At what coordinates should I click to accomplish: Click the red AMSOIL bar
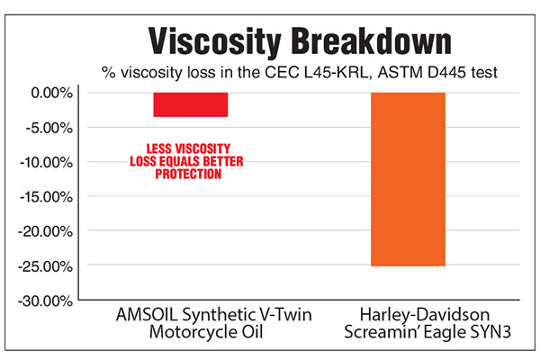(x=191, y=104)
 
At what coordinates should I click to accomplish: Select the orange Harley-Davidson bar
(x=408, y=179)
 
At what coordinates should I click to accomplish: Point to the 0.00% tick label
(x=52, y=93)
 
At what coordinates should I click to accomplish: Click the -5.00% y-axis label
(x=49, y=128)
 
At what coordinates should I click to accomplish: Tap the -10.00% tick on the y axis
(x=47, y=162)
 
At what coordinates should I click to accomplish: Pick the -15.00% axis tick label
(x=47, y=197)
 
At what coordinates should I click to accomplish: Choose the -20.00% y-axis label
(x=46, y=231)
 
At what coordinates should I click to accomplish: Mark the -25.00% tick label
(x=46, y=266)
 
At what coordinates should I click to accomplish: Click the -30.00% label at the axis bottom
(x=46, y=301)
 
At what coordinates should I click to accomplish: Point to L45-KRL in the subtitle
(x=336, y=72)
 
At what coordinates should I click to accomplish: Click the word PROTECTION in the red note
(x=188, y=174)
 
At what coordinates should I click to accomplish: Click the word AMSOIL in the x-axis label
(x=147, y=314)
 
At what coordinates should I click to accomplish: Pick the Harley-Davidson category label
(x=425, y=314)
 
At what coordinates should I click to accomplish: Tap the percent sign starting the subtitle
(x=109, y=72)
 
